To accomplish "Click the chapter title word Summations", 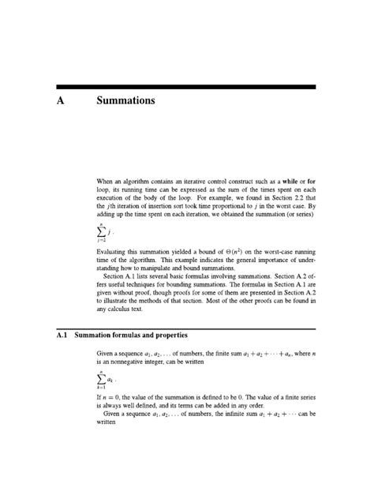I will coord(125,101).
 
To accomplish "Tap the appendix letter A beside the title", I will coord(62,101).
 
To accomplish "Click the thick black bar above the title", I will coord(186,87).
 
